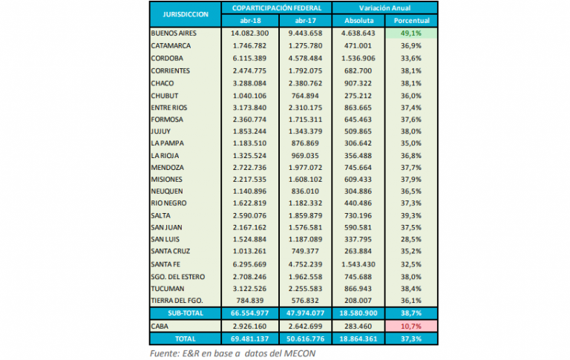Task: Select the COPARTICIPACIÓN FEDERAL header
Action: pyautogui.click(x=277, y=7)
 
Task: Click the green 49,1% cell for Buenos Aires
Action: pyautogui.click(x=412, y=33)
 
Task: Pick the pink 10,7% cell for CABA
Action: pyautogui.click(x=412, y=326)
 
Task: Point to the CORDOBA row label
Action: pyautogui.click(x=167, y=58)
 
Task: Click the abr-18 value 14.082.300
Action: pyautogui.click(x=250, y=33)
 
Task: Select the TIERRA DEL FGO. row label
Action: pyautogui.click(x=177, y=301)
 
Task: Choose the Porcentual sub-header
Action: pyautogui.click(x=412, y=20)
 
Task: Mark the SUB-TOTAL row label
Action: pyautogui.click(x=185, y=314)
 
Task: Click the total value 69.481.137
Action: pyautogui.click(x=250, y=338)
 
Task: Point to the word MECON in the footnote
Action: pyautogui.click(x=301, y=352)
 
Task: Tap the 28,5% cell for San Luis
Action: pyautogui.click(x=412, y=240)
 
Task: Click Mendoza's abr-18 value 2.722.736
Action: pyautogui.click(x=250, y=168)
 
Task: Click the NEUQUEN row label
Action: pyautogui.click(x=166, y=191)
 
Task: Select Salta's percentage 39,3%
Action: pyautogui.click(x=412, y=215)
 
